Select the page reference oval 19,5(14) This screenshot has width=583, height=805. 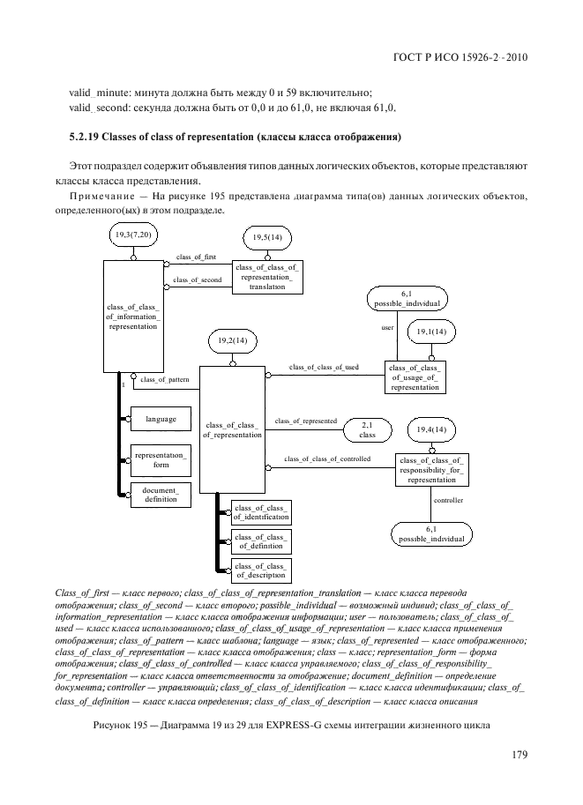point(267,238)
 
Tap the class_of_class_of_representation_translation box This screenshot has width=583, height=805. point(267,277)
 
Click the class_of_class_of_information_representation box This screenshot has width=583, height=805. point(133,315)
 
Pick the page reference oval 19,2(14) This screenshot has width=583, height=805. point(233,340)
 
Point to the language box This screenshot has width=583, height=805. point(161,419)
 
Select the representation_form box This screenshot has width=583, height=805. point(161,459)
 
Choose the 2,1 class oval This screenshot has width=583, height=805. point(368,429)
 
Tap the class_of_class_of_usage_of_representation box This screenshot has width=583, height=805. point(415,376)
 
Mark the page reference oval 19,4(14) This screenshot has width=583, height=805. point(432,429)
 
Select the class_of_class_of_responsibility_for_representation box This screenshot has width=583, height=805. point(432,470)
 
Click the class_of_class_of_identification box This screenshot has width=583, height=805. point(260,511)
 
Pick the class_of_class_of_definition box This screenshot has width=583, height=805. point(260,541)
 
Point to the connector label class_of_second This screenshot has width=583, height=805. point(198,280)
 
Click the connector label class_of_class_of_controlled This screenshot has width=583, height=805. point(327,459)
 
